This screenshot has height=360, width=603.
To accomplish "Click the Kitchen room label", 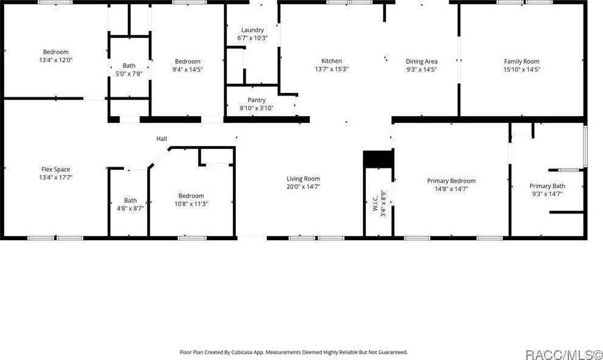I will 331,61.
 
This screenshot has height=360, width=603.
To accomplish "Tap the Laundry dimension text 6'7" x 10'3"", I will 252,38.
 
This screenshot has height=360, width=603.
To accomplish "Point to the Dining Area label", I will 421,61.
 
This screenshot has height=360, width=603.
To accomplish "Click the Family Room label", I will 522,61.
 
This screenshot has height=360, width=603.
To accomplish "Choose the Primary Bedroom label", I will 451,181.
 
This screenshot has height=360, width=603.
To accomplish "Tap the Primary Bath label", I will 547,186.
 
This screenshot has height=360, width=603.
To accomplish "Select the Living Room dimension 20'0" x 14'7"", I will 303,187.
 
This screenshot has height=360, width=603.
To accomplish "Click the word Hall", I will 162,139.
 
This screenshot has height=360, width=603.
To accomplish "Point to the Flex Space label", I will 56,169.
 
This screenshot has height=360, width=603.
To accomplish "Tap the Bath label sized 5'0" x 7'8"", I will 129,66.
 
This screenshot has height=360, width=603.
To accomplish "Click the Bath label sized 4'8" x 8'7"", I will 130,200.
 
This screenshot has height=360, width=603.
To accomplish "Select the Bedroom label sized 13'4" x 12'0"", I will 55,52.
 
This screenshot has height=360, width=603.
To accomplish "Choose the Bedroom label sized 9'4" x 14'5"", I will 187,61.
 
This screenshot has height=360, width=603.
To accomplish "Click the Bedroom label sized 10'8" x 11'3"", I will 191,195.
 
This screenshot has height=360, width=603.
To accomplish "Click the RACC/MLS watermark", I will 563,352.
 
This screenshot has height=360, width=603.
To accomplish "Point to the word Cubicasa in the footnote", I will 261,352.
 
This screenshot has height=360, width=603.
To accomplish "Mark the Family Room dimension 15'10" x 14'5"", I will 522,69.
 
